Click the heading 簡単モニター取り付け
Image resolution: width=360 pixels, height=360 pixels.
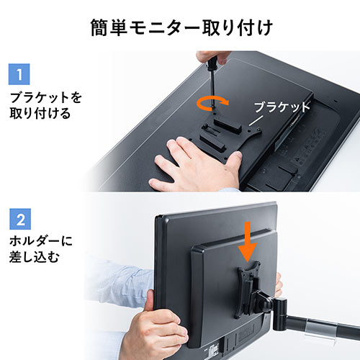180,28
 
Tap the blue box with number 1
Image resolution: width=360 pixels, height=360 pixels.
19,73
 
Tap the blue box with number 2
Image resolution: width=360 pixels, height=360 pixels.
19,217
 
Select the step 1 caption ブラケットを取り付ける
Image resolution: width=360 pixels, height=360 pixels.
40,104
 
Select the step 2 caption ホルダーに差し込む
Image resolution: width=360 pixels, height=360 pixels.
40,248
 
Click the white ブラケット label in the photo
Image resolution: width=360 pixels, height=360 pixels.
282,107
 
